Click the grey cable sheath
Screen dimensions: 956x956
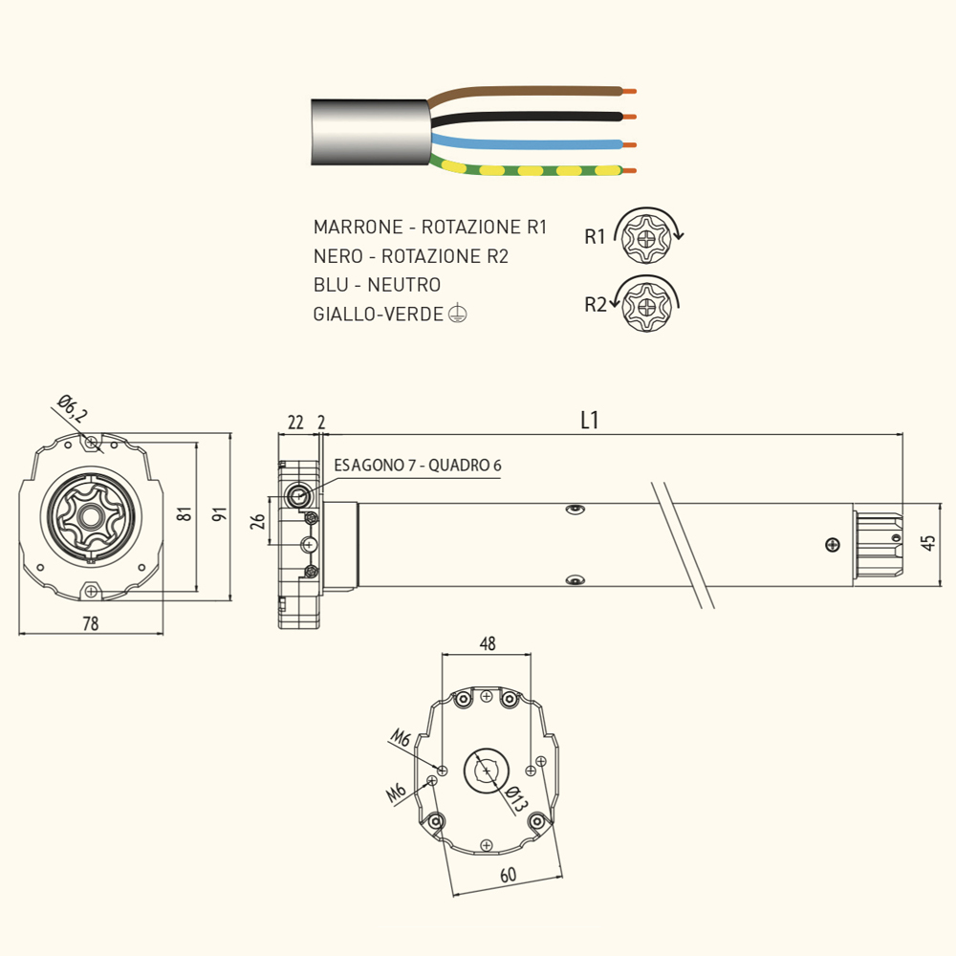pyautogui.click(x=370, y=132)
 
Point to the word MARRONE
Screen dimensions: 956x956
pyautogui.click(x=358, y=227)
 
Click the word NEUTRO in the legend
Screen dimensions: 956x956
pyautogui.click(x=403, y=285)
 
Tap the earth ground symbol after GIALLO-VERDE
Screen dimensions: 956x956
pyautogui.click(x=457, y=314)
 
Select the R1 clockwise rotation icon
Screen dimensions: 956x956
pyautogui.click(x=647, y=236)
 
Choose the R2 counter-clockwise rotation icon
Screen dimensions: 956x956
pyautogui.click(x=645, y=304)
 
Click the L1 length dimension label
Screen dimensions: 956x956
pyautogui.click(x=590, y=420)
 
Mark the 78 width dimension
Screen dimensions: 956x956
pyautogui.click(x=90, y=623)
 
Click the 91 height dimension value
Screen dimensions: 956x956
pyautogui.click(x=220, y=514)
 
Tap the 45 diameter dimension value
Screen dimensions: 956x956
pyautogui.click(x=927, y=543)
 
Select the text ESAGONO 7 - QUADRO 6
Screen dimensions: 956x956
pyautogui.click(x=418, y=466)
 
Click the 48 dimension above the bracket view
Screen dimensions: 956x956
pyautogui.click(x=488, y=643)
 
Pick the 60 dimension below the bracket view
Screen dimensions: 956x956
pyautogui.click(x=508, y=875)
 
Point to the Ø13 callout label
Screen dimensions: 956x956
pyautogui.click(x=516, y=799)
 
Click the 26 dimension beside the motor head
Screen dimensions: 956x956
pyautogui.click(x=258, y=521)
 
